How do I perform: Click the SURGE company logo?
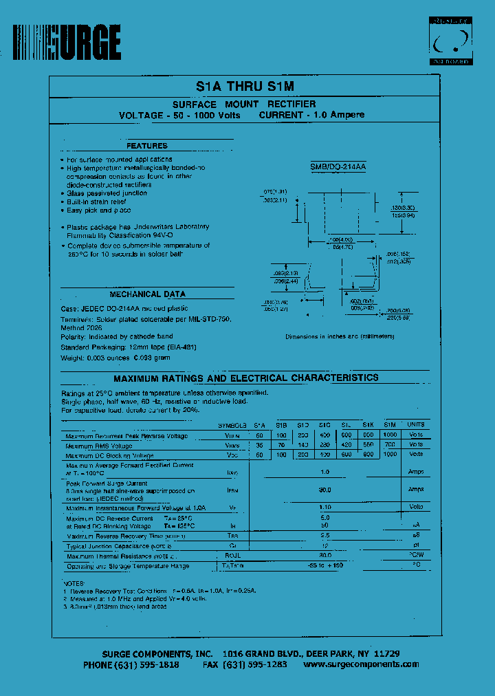[x=67, y=43]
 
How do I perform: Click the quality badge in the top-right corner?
[x=451, y=41]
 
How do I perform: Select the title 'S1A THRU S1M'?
[x=245, y=87]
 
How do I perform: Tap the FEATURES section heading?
[x=147, y=146]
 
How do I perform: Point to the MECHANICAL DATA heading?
[x=147, y=294]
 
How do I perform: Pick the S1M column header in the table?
[x=390, y=425]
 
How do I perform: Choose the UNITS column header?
[x=416, y=425]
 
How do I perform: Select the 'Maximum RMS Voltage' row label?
[x=99, y=446]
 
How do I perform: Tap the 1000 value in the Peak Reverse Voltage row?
[x=390, y=435]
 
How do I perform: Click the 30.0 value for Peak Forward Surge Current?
[x=324, y=490]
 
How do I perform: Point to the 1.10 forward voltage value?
[x=324, y=508]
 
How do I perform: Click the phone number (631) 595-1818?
[x=131, y=664]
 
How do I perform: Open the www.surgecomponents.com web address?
[x=360, y=664]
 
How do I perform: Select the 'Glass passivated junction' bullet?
[x=107, y=193]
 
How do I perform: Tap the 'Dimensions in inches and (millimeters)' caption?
[x=340, y=336]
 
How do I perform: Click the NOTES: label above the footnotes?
[x=74, y=583]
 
